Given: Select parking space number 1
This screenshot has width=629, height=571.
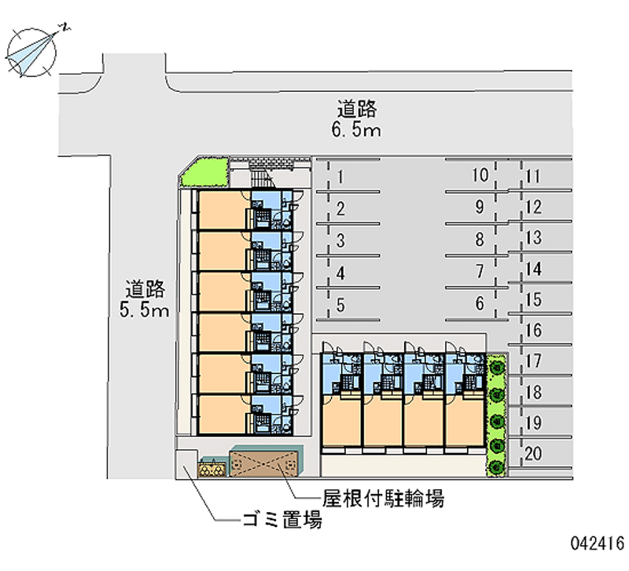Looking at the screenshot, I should pyautogui.click(x=347, y=177).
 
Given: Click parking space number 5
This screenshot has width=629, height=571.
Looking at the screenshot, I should pyautogui.click(x=347, y=306).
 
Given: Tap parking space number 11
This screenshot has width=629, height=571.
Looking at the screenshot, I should pyautogui.click(x=543, y=176).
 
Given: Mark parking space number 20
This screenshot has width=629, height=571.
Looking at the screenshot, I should pyautogui.click(x=543, y=453).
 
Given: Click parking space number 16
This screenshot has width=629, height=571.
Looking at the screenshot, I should pyautogui.click(x=543, y=331).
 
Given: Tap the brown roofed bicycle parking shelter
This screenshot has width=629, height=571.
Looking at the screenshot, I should pyautogui.click(x=266, y=463).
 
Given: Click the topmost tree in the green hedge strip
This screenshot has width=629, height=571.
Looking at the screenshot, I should pyautogui.click(x=496, y=366).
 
